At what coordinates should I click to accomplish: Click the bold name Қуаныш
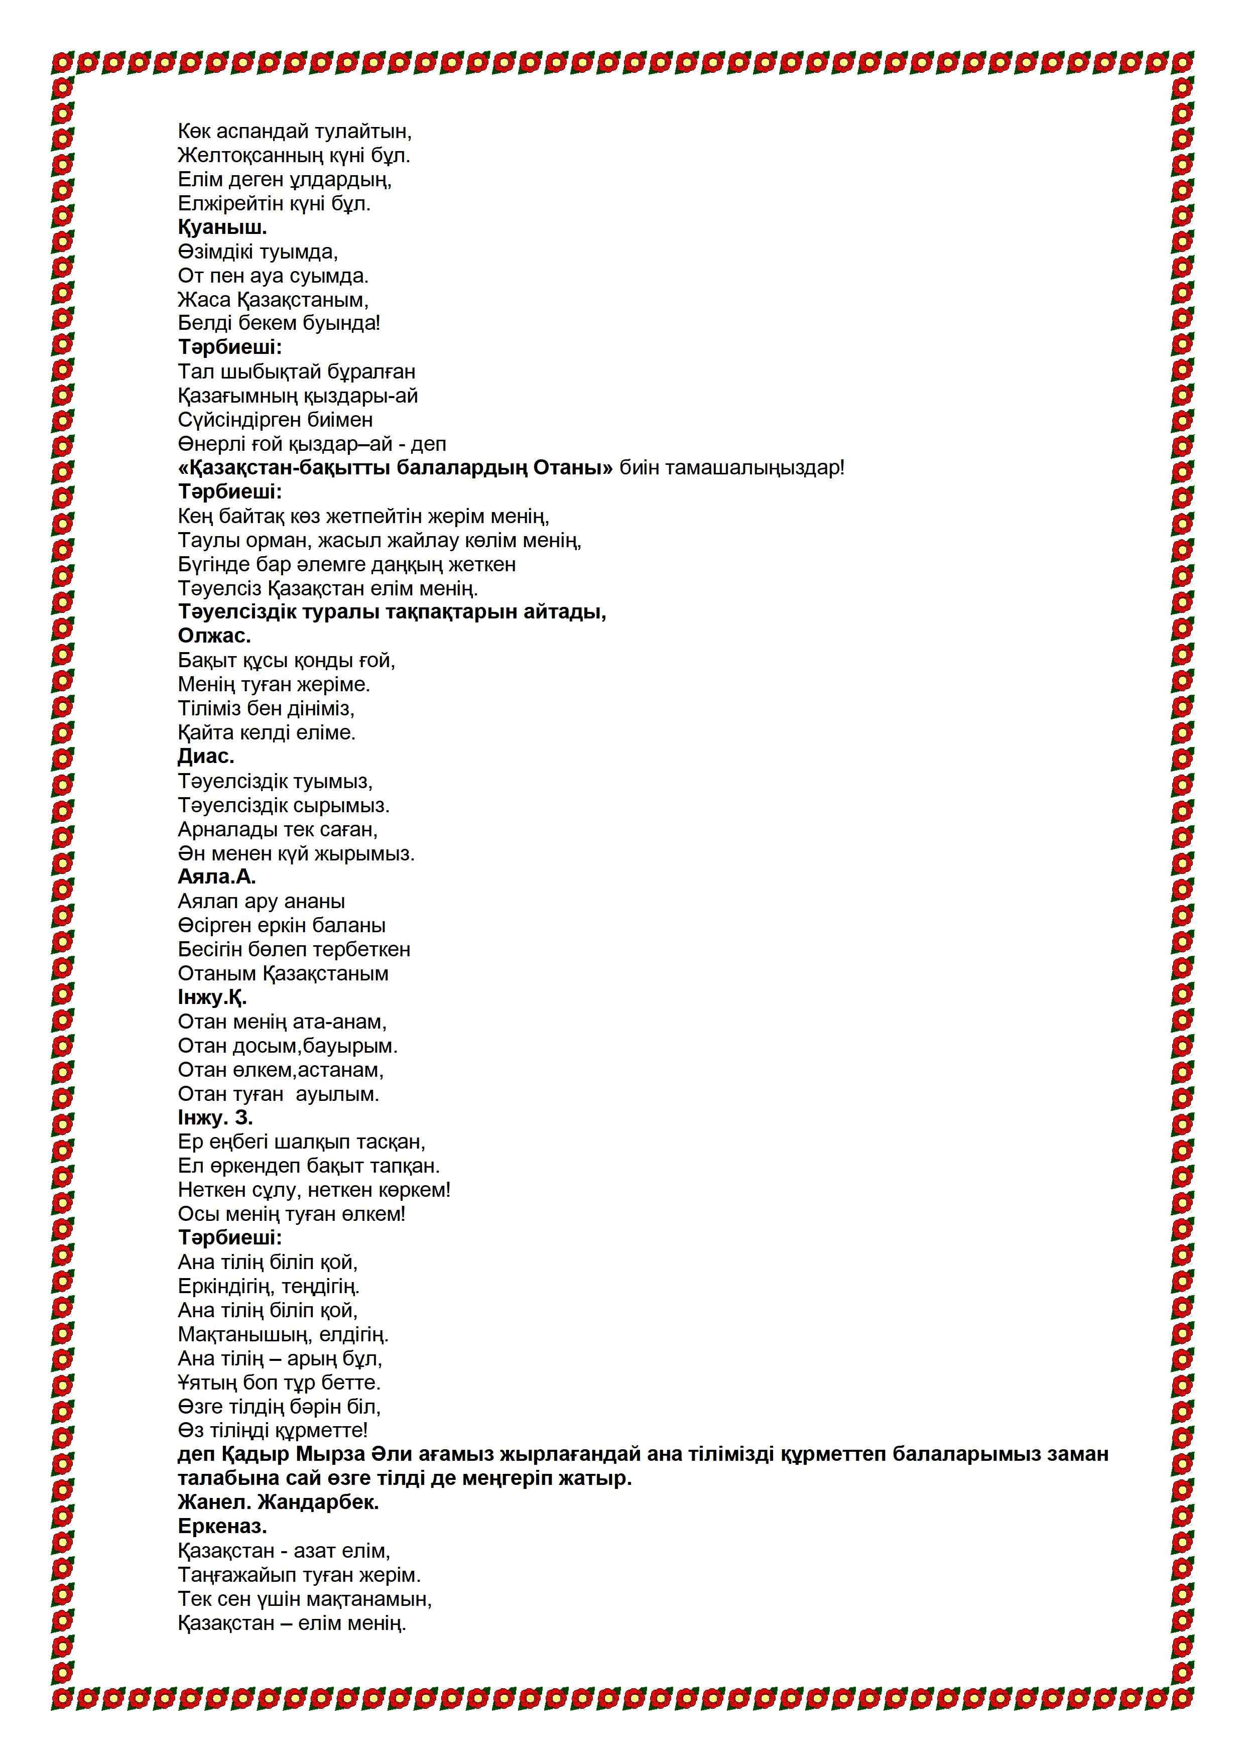[x=222, y=228]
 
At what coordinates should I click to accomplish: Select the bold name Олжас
[x=214, y=636]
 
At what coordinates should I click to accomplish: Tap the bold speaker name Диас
[x=206, y=756]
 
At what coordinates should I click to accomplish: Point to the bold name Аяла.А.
[x=216, y=876]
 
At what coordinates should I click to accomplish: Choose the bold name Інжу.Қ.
[x=212, y=998]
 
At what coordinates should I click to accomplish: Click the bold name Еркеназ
[x=222, y=1526]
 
